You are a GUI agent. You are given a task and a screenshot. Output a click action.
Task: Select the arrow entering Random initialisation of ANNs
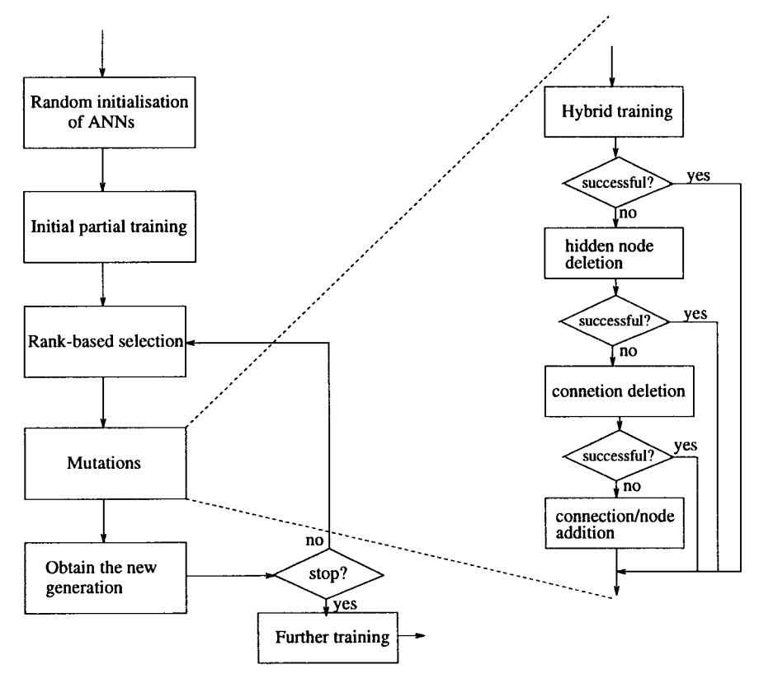pyautogui.click(x=102, y=58)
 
